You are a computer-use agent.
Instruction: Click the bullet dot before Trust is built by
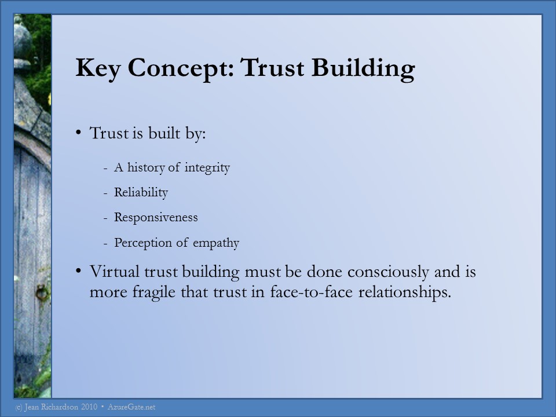(x=78, y=132)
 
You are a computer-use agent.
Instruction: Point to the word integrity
(x=207, y=167)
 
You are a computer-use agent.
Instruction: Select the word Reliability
(x=141, y=192)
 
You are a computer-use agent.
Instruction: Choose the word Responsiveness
(x=156, y=217)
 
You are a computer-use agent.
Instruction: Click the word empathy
(x=216, y=243)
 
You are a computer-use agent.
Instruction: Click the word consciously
(x=388, y=272)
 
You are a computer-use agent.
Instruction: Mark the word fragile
(x=154, y=292)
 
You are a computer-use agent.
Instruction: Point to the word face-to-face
(x=312, y=292)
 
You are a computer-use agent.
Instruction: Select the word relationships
(x=405, y=292)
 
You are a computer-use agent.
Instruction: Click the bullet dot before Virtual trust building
(x=78, y=271)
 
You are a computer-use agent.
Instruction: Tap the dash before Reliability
(x=105, y=193)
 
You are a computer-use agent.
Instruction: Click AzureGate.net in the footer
(x=131, y=407)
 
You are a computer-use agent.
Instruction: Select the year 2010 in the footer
(x=89, y=407)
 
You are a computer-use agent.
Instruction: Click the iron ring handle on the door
(x=42, y=292)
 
